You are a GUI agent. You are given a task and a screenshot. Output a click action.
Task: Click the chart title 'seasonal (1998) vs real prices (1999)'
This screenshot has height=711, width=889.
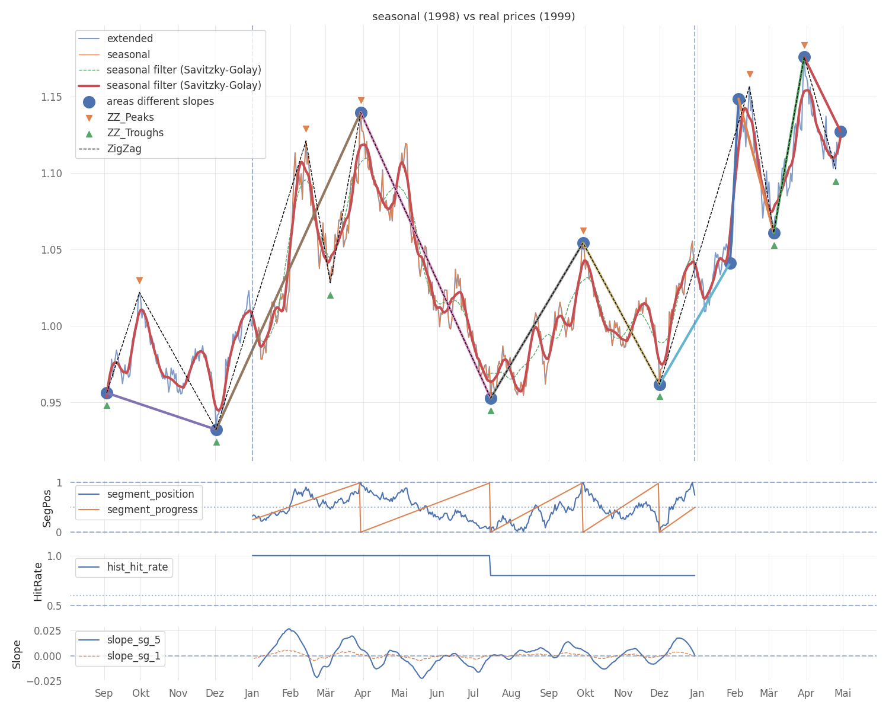(x=474, y=17)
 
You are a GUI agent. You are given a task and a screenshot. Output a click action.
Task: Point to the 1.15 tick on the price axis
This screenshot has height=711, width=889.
(x=51, y=97)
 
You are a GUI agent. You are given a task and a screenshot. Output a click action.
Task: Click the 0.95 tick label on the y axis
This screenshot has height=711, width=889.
(x=51, y=403)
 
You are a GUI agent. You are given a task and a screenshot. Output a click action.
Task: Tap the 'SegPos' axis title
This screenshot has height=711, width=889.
(x=47, y=508)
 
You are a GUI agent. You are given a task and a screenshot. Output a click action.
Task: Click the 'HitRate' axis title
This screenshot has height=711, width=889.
(x=37, y=582)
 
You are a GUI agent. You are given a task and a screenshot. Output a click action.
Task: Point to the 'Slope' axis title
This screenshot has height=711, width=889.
(x=17, y=655)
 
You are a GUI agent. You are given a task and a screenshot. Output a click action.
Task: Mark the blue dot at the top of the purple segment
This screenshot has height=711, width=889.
(x=107, y=393)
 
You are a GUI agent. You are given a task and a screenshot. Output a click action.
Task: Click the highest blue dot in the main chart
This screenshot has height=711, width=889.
(x=804, y=57)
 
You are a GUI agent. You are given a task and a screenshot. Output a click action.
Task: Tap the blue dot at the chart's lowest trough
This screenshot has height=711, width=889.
(x=216, y=430)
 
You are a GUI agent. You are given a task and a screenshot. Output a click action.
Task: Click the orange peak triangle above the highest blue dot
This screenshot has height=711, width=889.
(x=804, y=46)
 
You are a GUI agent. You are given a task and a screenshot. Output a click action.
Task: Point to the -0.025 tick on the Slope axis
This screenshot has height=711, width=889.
(x=44, y=681)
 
